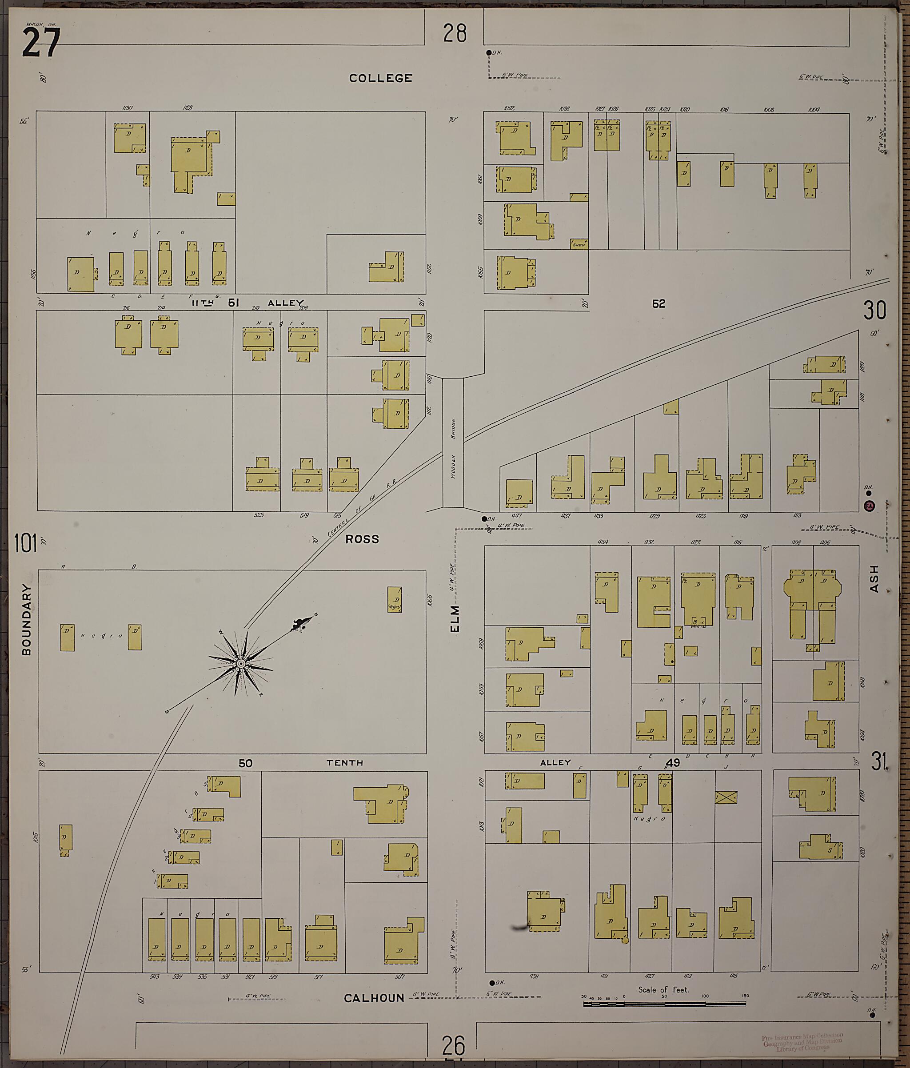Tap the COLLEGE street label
(x=380, y=78)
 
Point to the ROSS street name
(x=362, y=539)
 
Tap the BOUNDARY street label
(x=27, y=619)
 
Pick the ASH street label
(x=874, y=579)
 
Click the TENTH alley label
(x=344, y=763)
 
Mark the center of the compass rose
(x=240, y=663)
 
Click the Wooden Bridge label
(x=453, y=448)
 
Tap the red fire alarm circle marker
(x=869, y=506)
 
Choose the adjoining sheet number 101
(x=26, y=543)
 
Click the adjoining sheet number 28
(x=455, y=33)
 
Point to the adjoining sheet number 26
(x=454, y=1046)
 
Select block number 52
(x=659, y=304)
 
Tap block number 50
(x=245, y=763)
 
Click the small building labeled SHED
(x=579, y=244)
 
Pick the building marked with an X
(x=726, y=797)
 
